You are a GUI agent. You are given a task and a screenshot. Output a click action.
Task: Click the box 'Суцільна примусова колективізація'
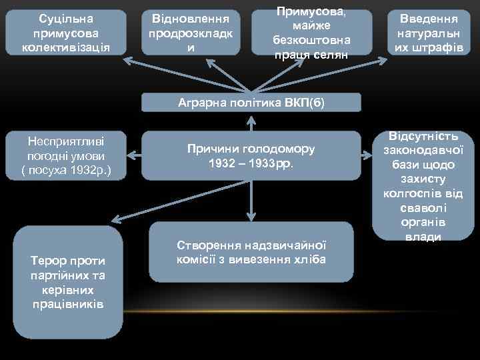[x=65, y=32]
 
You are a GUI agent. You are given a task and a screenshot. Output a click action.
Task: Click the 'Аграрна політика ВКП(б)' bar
[x=251, y=102]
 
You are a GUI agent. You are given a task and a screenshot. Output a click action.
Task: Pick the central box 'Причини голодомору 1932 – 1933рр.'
[x=251, y=155]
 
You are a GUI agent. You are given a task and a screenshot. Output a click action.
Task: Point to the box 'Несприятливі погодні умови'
[x=65, y=155]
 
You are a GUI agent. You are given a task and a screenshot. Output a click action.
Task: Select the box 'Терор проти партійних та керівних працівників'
[x=67, y=282]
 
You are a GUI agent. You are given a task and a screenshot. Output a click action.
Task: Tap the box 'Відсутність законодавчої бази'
[x=423, y=185]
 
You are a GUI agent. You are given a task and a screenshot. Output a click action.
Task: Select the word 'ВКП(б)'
[x=305, y=103]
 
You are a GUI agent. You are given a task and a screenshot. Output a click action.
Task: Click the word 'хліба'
[x=311, y=259]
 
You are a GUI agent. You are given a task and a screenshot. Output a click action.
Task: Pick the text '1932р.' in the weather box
[x=89, y=170]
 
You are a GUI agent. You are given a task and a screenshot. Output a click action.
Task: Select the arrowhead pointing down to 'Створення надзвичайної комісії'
[x=251, y=216]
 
